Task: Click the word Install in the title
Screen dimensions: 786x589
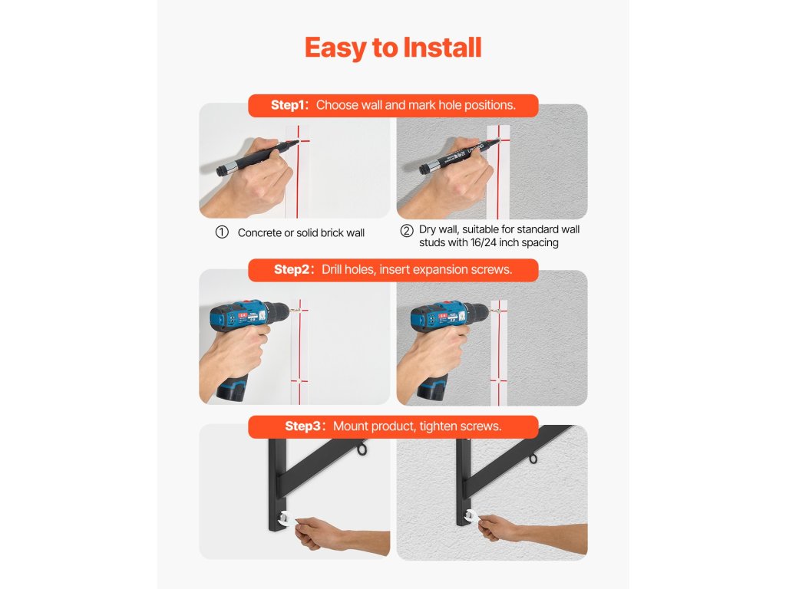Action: [x=442, y=48]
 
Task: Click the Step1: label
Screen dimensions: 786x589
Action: [x=289, y=105]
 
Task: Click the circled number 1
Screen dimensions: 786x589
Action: [x=222, y=232]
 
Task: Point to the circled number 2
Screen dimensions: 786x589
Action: [x=407, y=230]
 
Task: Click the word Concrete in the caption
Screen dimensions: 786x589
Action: [x=259, y=233]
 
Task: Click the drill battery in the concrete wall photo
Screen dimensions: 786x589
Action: [x=232, y=387]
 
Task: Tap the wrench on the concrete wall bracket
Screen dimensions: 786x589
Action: [x=286, y=519]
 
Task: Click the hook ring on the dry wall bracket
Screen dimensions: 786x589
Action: [x=533, y=459]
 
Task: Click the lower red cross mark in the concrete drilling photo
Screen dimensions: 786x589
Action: [x=299, y=381]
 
